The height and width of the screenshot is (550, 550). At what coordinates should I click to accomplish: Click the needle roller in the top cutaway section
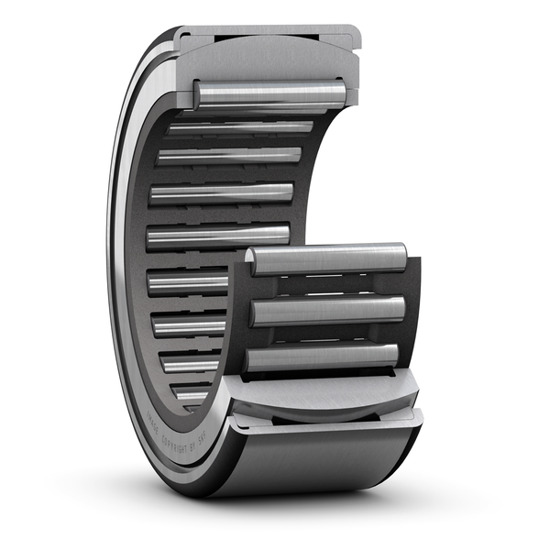coord(270,93)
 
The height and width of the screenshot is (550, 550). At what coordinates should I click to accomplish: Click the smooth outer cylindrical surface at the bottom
coord(321,458)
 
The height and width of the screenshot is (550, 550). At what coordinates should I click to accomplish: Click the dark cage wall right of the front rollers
coord(412,312)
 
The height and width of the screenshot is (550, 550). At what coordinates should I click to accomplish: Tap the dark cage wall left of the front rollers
coord(237,312)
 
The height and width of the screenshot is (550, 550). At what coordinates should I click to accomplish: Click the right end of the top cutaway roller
coord(339,93)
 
